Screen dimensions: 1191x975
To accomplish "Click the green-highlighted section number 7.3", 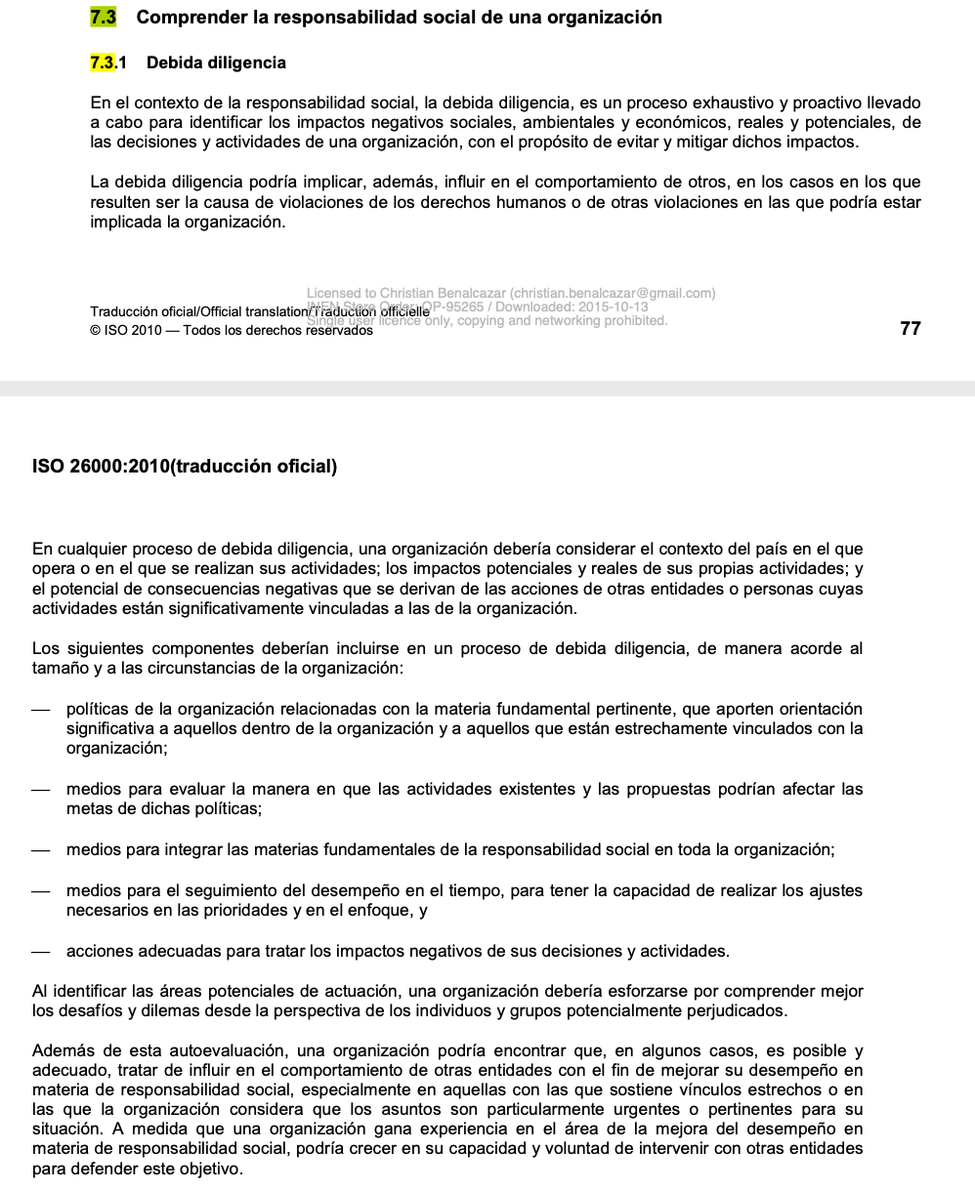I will click(103, 18).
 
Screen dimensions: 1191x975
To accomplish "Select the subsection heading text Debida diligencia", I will click(216, 63).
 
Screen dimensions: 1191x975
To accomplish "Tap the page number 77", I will click(910, 329).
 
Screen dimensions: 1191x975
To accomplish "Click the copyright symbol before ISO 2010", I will click(96, 330).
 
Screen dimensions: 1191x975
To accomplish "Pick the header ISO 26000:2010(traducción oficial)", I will click(185, 467).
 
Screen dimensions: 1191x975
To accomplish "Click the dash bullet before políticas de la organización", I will click(40, 710).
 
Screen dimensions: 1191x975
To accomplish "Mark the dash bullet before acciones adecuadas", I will click(40, 951).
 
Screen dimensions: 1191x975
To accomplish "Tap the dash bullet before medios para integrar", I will click(40, 850).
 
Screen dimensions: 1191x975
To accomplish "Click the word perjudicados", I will click(738, 1010).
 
